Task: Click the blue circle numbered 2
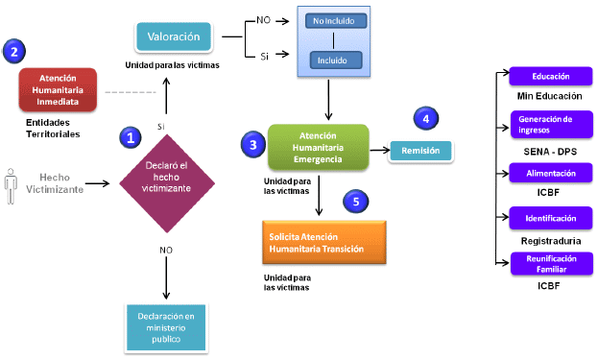coord(14,51)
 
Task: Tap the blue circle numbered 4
coord(426,118)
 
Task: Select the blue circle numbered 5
coord(356,202)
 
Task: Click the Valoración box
coord(174,36)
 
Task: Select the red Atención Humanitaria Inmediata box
coord(58,90)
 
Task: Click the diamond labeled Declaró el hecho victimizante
coord(167,183)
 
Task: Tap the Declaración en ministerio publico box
coord(166,327)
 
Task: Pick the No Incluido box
coord(336,21)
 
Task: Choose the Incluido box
coord(336,60)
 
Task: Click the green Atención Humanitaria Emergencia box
coord(319,147)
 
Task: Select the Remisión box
coord(420,151)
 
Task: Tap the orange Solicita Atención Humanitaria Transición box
coord(324,243)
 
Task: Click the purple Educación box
coord(551,76)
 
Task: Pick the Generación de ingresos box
coord(552,125)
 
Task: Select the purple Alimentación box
coord(551,173)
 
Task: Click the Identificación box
coord(551,218)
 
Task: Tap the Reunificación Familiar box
coord(552,263)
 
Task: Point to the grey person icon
coord(11,186)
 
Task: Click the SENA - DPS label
coord(550,152)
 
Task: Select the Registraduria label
coord(551,241)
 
